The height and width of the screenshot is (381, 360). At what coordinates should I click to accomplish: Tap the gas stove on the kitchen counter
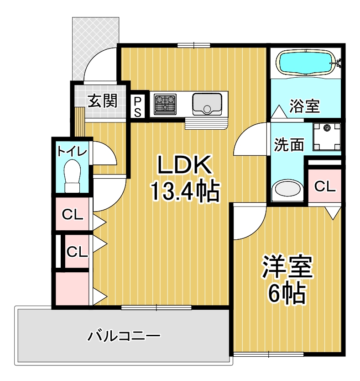165,104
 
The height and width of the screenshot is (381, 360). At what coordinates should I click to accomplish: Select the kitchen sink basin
207,104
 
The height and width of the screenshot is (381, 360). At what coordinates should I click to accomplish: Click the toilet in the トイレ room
72,176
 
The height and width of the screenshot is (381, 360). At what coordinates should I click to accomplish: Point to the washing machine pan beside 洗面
327,137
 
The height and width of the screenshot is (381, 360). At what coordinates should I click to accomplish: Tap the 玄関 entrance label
103,101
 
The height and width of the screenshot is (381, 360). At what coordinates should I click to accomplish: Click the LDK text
184,165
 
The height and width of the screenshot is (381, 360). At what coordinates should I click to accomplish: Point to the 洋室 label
287,267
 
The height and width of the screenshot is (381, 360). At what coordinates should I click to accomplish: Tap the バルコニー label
124,336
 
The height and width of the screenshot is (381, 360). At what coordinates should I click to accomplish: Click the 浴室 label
304,106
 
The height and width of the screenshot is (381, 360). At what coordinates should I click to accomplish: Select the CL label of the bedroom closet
324,186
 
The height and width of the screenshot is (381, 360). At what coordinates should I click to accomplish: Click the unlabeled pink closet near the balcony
72,288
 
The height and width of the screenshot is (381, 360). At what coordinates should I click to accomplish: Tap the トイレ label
72,152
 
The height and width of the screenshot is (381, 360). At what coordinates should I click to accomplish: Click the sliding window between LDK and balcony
157,307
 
